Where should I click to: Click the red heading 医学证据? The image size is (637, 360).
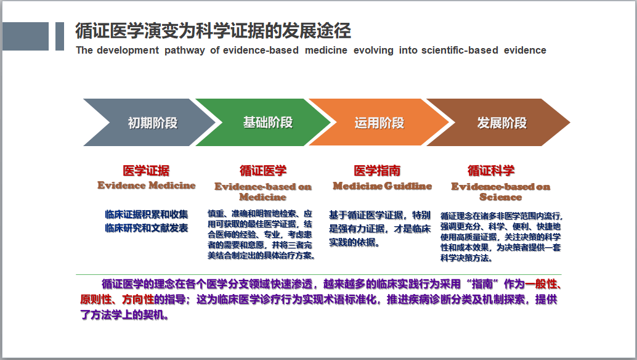click(x=146, y=171)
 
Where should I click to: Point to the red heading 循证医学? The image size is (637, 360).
click(x=263, y=171)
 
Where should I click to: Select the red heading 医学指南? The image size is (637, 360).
click(x=378, y=171)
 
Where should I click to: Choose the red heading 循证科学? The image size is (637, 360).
click(x=491, y=171)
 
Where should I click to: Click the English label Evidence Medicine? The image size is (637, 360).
click(x=146, y=186)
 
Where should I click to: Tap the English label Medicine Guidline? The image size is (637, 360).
click(x=383, y=186)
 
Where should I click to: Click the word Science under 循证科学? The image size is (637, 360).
click(x=500, y=197)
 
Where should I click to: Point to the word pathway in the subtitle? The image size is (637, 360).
click(x=184, y=51)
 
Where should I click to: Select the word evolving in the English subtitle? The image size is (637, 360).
click(x=373, y=51)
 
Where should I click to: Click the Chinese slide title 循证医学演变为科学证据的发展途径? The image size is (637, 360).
click(x=213, y=31)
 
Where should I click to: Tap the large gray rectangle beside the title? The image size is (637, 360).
click(x=25, y=36)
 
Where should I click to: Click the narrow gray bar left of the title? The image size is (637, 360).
click(x=60, y=36)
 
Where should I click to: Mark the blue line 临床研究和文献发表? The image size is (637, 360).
click(x=146, y=228)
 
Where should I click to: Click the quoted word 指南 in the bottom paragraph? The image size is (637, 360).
click(x=482, y=284)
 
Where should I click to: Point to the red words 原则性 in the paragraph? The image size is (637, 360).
click(x=96, y=300)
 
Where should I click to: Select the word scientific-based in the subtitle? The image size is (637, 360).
click(x=460, y=51)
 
